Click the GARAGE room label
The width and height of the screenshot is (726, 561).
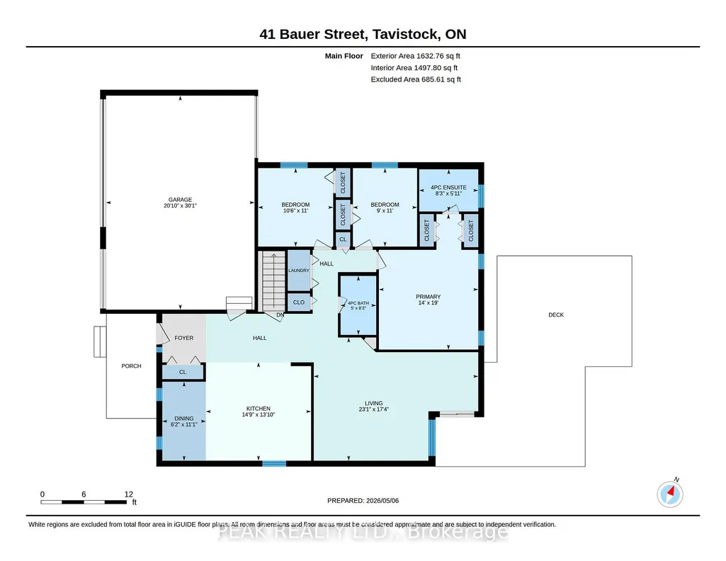180,200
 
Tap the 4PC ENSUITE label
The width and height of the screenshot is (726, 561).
448,188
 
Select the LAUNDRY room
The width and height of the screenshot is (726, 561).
299,271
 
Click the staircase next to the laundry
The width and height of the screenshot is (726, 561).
273,281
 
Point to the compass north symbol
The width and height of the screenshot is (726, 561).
670,494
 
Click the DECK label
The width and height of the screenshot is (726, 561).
556,314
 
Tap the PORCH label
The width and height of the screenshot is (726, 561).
131,365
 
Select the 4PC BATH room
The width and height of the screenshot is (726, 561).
358,305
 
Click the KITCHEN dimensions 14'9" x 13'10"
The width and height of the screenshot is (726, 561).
259,415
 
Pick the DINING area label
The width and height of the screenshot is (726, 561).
184,419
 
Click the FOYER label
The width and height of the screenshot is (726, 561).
184,338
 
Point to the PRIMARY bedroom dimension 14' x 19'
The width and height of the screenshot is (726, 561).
429,302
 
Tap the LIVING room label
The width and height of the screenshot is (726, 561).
374,403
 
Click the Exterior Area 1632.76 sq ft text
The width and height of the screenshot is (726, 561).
415,56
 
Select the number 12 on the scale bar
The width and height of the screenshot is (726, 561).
129,494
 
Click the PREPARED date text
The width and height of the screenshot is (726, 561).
363,500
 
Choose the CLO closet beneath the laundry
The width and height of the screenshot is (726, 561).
299,302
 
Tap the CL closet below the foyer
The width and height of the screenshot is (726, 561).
183,372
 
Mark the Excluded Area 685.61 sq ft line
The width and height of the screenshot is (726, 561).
416,79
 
